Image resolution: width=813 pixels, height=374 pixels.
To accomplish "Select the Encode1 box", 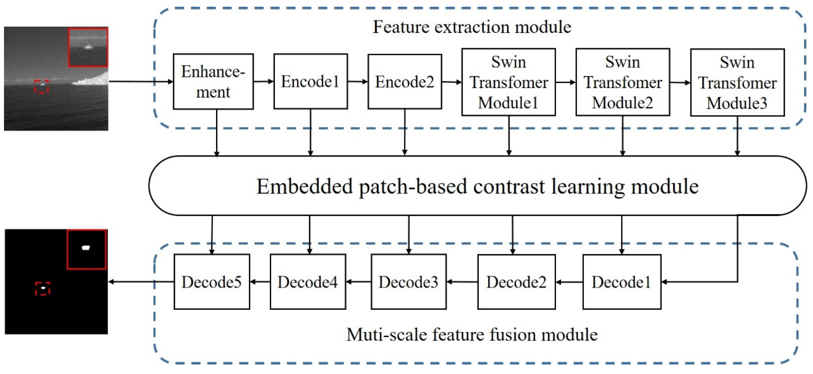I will (x=310, y=81).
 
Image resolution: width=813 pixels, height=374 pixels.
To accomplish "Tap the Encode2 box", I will (x=405, y=82).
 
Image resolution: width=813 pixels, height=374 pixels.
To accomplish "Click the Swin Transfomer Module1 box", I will (x=508, y=82).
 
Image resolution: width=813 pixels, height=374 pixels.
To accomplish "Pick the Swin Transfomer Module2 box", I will (x=622, y=82).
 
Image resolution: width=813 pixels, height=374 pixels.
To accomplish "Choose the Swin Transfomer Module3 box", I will (x=737, y=82).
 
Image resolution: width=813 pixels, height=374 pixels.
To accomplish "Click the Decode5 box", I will (x=212, y=281).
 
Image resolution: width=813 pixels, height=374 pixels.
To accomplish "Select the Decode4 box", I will (x=308, y=281).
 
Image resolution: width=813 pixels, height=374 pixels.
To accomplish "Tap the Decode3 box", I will (x=408, y=281).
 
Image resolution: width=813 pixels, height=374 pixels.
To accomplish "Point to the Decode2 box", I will (x=516, y=281).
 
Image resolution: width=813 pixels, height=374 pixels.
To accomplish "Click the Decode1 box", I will (x=621, y=281).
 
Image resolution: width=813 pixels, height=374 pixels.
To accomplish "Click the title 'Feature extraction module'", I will (x=471, y=27).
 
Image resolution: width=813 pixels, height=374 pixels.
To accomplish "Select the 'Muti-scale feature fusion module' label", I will (x=471, y=335).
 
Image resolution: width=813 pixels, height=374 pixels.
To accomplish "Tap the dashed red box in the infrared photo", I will (x=42, y=87).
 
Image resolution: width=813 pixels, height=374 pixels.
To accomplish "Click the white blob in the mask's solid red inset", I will (x=86, y=248).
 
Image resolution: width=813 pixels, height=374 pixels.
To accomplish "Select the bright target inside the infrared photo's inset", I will (x=88, y=47).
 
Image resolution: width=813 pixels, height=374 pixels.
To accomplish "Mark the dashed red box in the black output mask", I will (x=43, y=288).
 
